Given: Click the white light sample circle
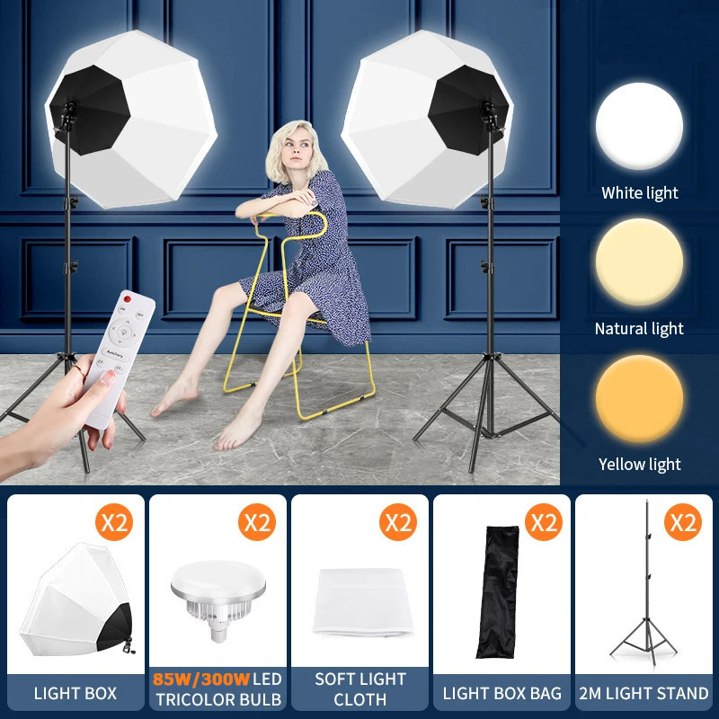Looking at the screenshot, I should coord(639,126).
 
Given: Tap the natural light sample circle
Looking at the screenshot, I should coord(639,262).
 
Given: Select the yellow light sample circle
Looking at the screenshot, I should coord(639,398).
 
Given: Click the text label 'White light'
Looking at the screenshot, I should coord(639,192).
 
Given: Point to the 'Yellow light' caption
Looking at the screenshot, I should coord(639,464).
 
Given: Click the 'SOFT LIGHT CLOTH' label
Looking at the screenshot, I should coord(359,688).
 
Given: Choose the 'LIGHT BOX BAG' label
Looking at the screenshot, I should coord(502,693).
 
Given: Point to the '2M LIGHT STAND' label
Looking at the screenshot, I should coord(644,693).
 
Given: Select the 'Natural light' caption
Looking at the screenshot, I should coord(639,328).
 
